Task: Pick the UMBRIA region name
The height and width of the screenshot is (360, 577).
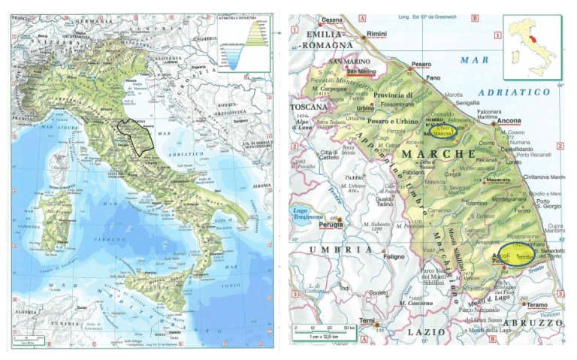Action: (328, 250)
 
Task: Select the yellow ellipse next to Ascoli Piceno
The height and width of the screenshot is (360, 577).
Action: (518, 256)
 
